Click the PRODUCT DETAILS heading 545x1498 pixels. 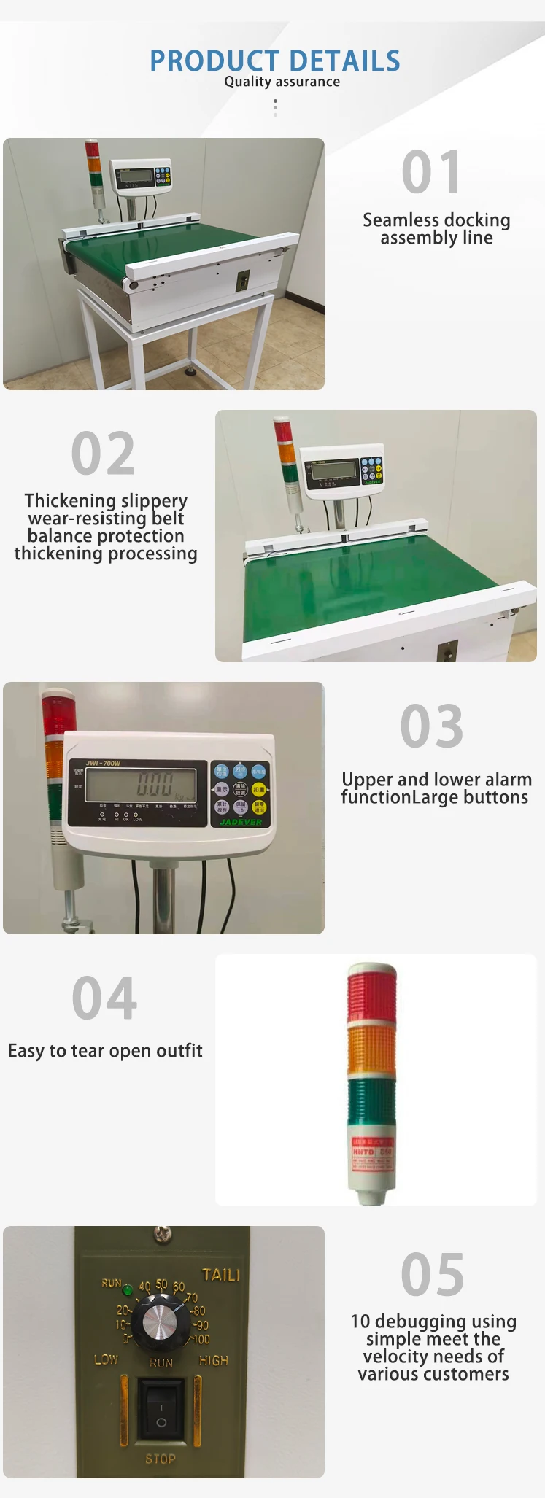275,61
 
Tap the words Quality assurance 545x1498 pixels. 282,82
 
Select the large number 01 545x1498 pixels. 431,173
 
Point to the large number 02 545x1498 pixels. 103,454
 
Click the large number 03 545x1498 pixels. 432,726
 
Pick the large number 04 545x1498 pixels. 104,998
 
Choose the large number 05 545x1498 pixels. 433,1275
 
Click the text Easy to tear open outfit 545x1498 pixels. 105,1051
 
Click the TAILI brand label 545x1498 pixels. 221,1274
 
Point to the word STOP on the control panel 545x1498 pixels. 161,1458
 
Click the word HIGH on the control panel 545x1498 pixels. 214,1360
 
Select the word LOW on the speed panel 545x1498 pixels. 106,1359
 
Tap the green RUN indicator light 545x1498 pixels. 127,1289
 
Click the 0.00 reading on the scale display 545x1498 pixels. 155,785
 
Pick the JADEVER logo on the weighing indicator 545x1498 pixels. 241,822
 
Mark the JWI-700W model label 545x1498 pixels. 103,764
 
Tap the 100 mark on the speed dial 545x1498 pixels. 201,1339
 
